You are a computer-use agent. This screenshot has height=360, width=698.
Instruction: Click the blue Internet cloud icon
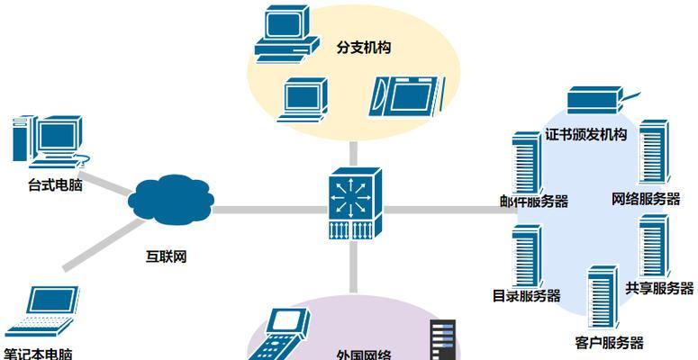171,200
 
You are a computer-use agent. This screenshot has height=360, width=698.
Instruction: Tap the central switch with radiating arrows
355,203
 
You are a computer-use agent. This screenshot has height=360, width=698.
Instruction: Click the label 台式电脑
55,184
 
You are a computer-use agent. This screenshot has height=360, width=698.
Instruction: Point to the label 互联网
166,256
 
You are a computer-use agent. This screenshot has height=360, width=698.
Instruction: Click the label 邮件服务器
534,202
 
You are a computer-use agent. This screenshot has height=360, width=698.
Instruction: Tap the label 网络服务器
646,199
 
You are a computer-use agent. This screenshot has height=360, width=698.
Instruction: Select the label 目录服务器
526,296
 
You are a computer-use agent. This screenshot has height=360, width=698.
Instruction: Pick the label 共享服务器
659,288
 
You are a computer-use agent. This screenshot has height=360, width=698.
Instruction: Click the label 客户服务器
609,343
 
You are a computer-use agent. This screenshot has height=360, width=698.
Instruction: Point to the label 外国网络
364,355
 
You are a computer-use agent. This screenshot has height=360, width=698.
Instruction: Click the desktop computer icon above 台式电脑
50,141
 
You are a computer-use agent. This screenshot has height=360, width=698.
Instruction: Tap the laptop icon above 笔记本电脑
43,311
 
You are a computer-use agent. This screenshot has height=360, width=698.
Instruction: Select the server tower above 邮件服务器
527,163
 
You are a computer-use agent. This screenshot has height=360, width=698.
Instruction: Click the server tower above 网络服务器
654,152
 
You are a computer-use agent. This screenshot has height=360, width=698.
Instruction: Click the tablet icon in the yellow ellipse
407,96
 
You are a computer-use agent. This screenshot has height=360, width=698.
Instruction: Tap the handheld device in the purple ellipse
279,335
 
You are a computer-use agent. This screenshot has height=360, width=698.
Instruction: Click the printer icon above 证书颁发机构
599,100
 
